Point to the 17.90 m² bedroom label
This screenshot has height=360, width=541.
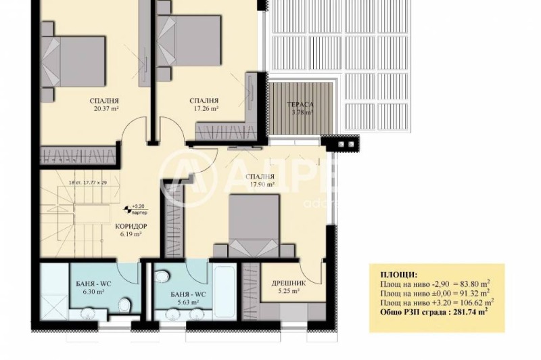coord(261,183)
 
